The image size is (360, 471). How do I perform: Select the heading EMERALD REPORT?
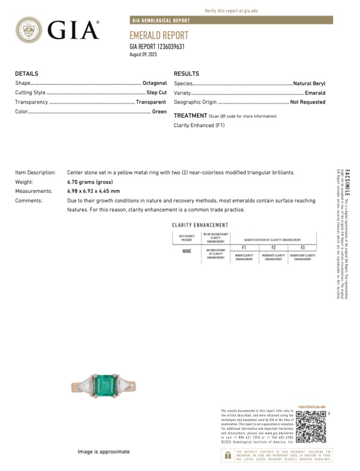[x=159, y=36]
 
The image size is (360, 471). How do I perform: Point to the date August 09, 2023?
[x=143, y=55]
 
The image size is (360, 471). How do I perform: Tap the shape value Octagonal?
[x=155, y=83]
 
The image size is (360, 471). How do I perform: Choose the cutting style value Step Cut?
[x=157, y=93]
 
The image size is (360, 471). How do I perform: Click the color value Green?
[x=159, y=112]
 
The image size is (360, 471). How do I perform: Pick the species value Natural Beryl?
[x=309, y=83]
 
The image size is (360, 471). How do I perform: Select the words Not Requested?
[x=308, y=102]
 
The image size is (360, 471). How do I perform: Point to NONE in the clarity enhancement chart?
[x=187, y=252]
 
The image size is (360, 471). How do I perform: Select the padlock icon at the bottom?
[x=228, y=455]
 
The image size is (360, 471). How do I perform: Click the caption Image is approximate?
[x=104, y=452]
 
